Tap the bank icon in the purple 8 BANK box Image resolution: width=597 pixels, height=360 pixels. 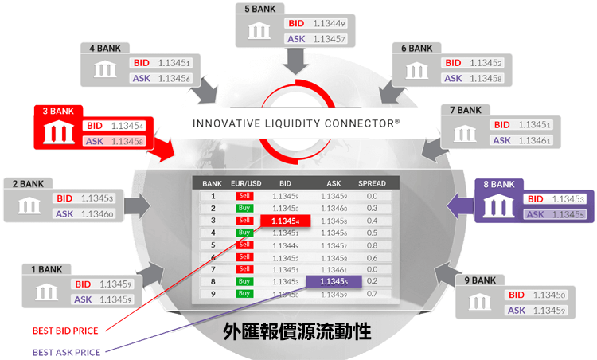pos(500,205)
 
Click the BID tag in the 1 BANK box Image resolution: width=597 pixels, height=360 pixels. pos(83,284)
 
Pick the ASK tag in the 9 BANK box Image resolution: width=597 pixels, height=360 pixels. pos(518,310)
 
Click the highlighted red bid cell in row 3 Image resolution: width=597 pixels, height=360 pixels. pos(287,220)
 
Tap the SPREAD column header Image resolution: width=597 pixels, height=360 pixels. pos(372,183)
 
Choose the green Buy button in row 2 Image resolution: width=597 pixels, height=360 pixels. pos(244,207)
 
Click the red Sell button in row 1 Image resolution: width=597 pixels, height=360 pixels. pos(244,195)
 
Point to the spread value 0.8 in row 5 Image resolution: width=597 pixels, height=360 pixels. pos(372,245)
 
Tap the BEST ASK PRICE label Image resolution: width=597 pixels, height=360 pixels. pos(67,352)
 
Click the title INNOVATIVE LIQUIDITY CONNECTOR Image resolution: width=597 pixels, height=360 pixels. pos(296,124)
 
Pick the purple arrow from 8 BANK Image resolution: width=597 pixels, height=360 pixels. pos(455,208)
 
